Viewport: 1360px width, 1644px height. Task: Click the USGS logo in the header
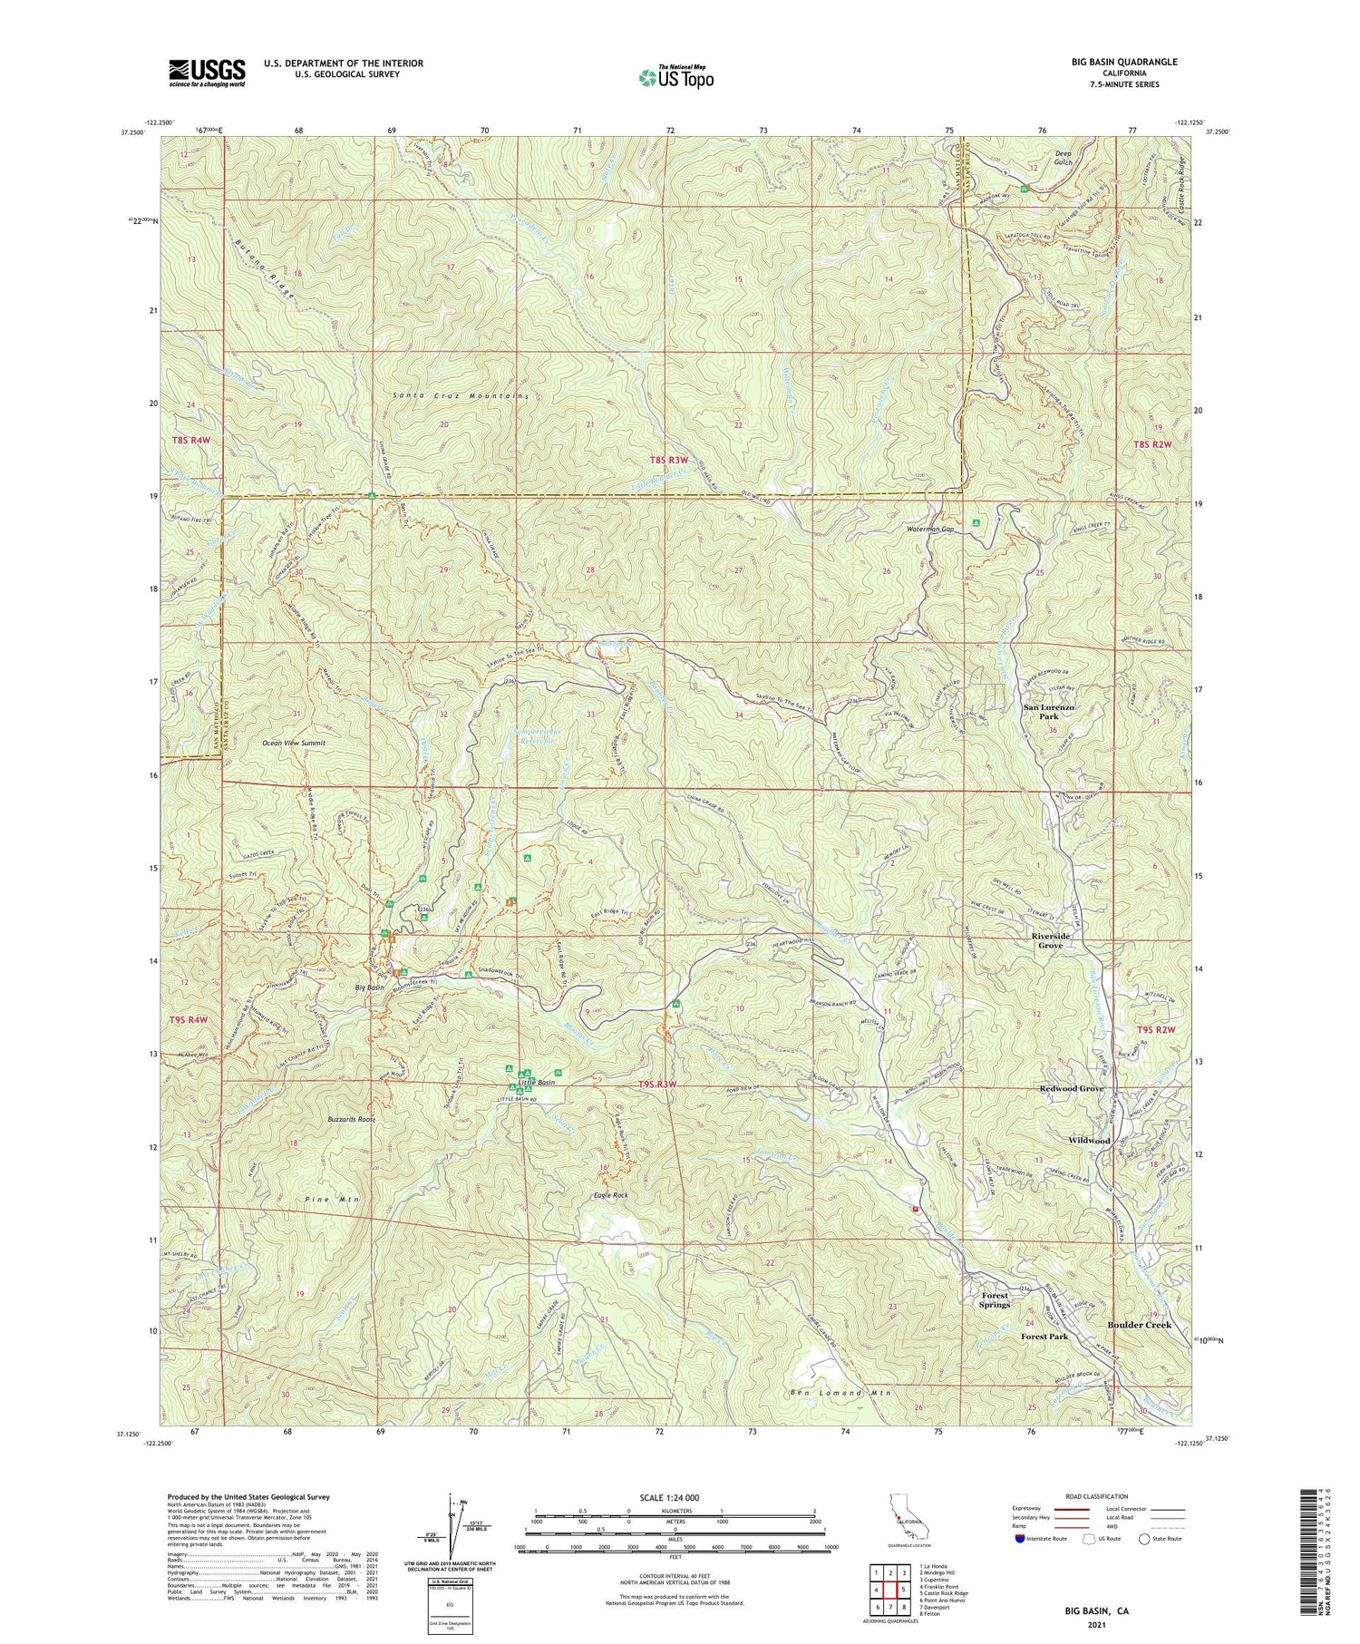(207, 72)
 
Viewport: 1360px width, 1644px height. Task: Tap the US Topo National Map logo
(675, 77)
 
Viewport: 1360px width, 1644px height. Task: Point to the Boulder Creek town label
(1139, 1325)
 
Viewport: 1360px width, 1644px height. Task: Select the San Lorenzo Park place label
(1049, 712)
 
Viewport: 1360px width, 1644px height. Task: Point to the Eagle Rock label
(610, 1195)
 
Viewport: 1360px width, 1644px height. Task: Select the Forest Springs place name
(995, 1299)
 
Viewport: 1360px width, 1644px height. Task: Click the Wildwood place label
(1088, 1140)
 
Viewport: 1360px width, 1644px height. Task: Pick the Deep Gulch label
(1062, 158)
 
